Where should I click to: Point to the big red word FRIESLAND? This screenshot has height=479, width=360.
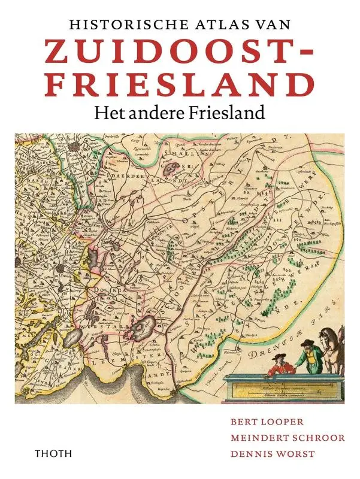[x=180, y=85]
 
